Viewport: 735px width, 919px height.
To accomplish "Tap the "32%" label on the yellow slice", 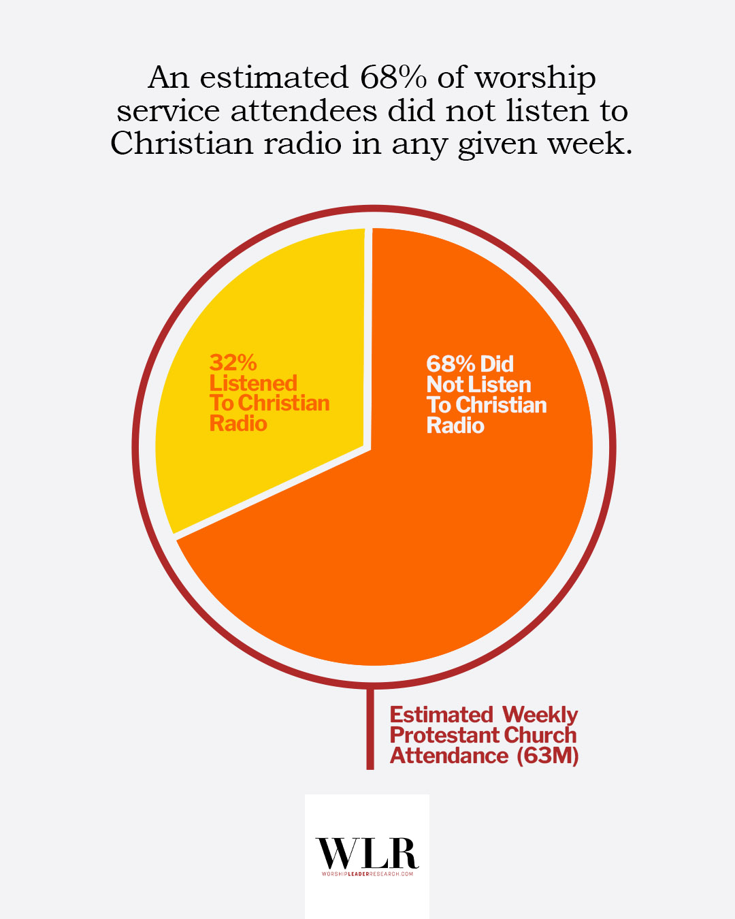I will [x=233, y=362].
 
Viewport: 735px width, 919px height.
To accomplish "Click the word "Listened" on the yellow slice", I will [x=253, y=383].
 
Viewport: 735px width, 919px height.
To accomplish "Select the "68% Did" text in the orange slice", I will [x=470, y=364].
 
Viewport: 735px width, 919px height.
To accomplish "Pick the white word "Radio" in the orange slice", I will [x=455, y=425].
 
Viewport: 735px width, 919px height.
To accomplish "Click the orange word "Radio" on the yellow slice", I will [x=238, y=423].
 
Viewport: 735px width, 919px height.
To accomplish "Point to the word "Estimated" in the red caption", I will [x=441, y=715].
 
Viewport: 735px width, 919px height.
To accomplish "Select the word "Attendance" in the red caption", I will [x=448, y=756].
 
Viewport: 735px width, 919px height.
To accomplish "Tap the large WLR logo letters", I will [x=367, y=852].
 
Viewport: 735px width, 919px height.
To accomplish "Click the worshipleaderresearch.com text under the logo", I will [x=367, y=873].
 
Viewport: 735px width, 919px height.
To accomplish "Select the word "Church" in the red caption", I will [x=540, y=735].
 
